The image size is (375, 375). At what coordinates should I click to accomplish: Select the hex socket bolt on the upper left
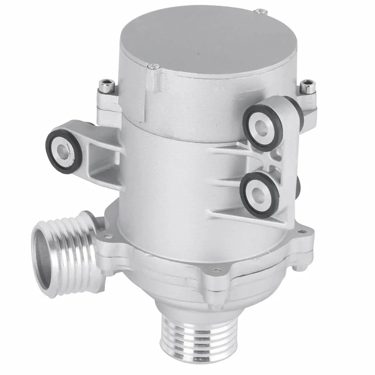105,86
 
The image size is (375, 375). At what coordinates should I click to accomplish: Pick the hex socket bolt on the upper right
308,85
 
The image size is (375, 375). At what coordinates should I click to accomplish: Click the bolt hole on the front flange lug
215,270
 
